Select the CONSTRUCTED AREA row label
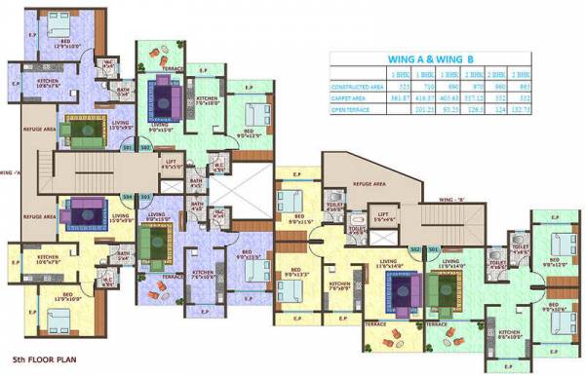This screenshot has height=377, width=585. coord(359,86)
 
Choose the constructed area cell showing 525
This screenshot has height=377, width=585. coord(397,86)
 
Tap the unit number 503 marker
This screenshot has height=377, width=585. coord(145,196)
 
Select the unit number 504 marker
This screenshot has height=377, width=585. coord(128,196)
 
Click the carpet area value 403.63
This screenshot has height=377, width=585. coord(450,97)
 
